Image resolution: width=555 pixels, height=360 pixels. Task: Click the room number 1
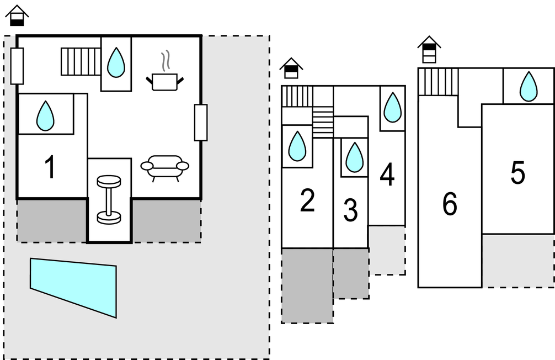[50, 167]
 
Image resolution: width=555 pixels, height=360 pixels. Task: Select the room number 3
[350, 211]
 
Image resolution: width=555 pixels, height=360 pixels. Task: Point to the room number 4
[387, 176]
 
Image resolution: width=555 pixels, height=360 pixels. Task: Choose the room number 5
[517, 174]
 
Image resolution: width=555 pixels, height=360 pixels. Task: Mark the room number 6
[450, 205]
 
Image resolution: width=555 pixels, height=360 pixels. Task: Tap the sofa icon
[164, 167]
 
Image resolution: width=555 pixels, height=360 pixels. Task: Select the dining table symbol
[109, 199]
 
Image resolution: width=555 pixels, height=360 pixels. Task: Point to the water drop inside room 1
[45, 115]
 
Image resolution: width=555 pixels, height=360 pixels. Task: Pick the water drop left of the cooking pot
[116, 62]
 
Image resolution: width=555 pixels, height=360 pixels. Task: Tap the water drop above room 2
[297, 146]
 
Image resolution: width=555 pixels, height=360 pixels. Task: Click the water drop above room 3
[354, 157]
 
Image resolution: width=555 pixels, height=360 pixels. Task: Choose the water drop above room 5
[529, 87]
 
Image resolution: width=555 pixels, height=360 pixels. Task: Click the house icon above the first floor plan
[17, 15]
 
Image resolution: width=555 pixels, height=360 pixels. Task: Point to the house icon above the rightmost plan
[429, 50]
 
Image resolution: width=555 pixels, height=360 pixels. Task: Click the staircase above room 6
[438, 82]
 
